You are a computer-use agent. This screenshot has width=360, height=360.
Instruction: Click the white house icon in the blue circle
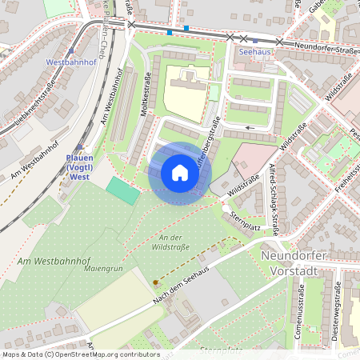coord(180,173)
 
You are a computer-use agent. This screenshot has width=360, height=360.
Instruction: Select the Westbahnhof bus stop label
coord(70,61)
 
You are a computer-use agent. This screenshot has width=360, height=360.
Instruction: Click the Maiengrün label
coord(102,269)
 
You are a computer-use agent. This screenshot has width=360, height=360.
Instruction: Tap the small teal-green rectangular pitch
coord(122,191)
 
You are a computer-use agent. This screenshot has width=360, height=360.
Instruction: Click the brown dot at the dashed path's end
coord(155,282)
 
